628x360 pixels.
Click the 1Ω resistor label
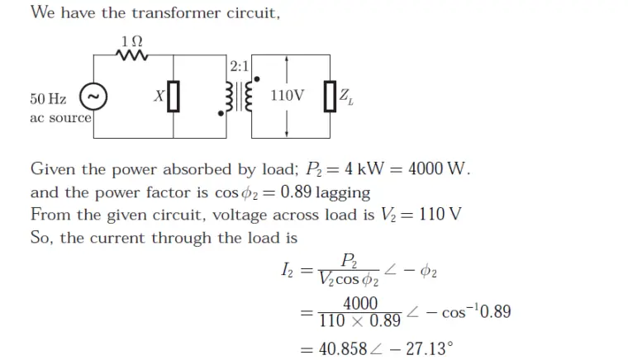coord(131,40)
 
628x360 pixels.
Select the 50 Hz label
coord(48,99)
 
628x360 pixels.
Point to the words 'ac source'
coord(60,117)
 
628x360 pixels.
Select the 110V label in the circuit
coord(287,96)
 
